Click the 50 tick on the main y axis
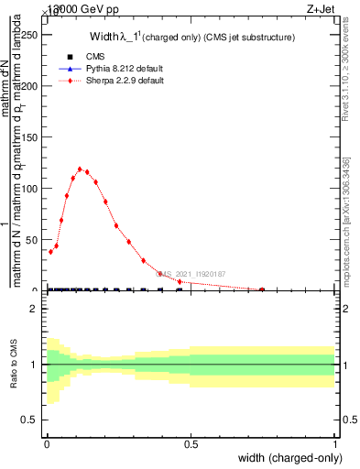pyautogui.click(x=34, y=240)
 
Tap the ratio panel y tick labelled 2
pyautogui.click(x=36, y=310)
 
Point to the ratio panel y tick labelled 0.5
pyautogui.click(x=32, y=420)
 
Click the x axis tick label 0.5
pyautogui.click(x=191, y=444)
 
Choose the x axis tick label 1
pyautogui.click(x=334, y=444)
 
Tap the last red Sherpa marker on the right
pyautogui.click(x=262, y=289)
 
